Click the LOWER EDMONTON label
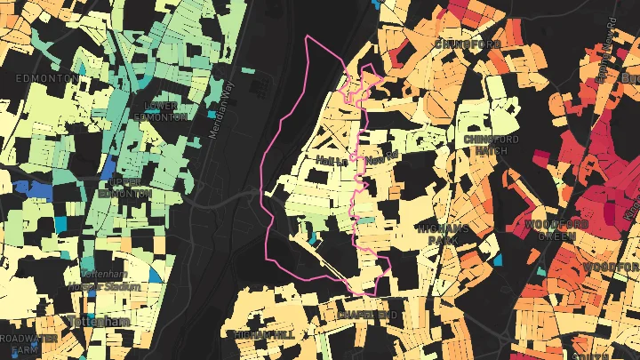tap(160, 110)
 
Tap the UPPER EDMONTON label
tap(125, 188)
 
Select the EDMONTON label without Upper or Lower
tap(42, 78)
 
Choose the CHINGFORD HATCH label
tap(491, 145)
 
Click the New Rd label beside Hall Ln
tap(379, 159)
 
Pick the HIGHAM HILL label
tap(260, 333)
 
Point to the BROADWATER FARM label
tap(28, 344)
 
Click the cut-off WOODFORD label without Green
tap(612, 267)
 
